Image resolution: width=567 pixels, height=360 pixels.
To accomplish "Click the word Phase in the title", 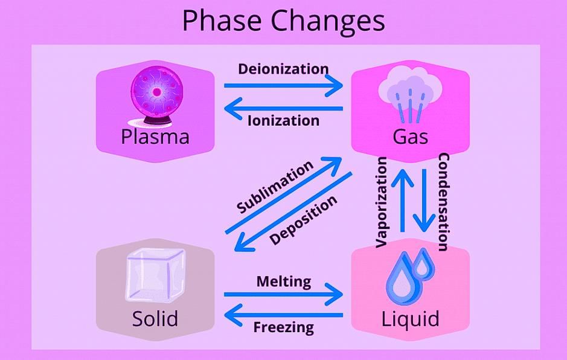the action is [x=222, y=20].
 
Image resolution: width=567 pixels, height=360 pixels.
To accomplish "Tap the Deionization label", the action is [x=284, y=69].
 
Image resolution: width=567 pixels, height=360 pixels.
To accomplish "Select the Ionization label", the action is [x=284, y=120].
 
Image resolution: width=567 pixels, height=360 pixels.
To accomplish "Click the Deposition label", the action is [x=303, y=220].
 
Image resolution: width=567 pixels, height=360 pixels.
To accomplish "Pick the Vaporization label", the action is [x=382, y=202].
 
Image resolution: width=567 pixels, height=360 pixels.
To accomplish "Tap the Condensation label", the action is [x=444, y=202].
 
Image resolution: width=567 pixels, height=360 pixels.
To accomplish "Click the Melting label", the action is [x=284, y=281].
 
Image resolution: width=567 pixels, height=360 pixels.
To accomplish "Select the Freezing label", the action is [x=284, y=327].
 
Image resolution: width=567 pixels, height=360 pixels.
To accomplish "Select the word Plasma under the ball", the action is [x=155, y=137].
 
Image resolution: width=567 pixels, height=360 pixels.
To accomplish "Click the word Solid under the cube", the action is [x=155, y=319].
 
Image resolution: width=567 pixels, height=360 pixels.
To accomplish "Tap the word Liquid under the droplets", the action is [x=411, y=318].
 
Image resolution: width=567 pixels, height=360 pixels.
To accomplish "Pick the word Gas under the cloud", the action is [x=411, y=137].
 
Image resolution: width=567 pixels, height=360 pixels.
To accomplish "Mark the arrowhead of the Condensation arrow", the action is [x=424, y=224].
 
